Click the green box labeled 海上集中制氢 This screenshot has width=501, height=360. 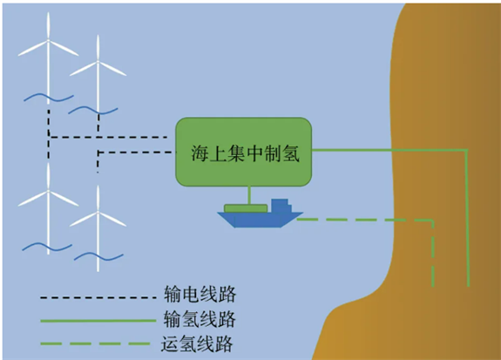[x=243, y=152]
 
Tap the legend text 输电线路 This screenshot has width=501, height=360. [x=200, y=295]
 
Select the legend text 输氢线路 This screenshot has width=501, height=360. [x=200, y=319]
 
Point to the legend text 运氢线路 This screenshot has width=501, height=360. [x=197, y=343]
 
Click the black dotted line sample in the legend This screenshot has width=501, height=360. [x=98, y=297]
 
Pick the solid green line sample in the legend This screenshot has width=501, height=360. [x=98, y=321]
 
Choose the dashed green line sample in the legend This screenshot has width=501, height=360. [x=95, y=344]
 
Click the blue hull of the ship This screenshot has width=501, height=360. [x=260, y=220]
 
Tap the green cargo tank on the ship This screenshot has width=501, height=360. [x=246, y=208]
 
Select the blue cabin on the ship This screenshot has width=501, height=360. [x=281, y=206]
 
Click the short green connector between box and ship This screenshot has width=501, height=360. [x=249, y=195]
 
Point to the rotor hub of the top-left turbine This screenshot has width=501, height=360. [x=48, y=40]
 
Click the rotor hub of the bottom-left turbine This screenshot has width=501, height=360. [x=48, y=191]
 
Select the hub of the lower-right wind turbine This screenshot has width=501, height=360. [x=98, y=212]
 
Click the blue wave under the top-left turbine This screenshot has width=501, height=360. [x=49, y=98]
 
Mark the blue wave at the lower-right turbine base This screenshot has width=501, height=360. [x=98, y=257]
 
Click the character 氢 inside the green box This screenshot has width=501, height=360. [x=291, y=153]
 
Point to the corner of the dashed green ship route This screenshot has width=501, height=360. [x=433, y=221]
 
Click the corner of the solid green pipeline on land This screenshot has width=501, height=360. [x=467, y=150]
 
